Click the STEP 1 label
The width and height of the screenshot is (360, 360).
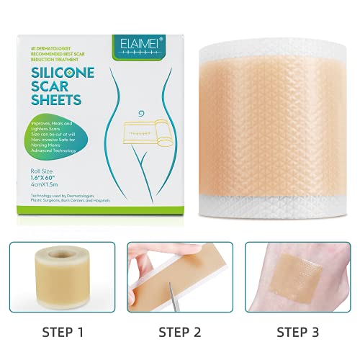(x=59, y=333)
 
